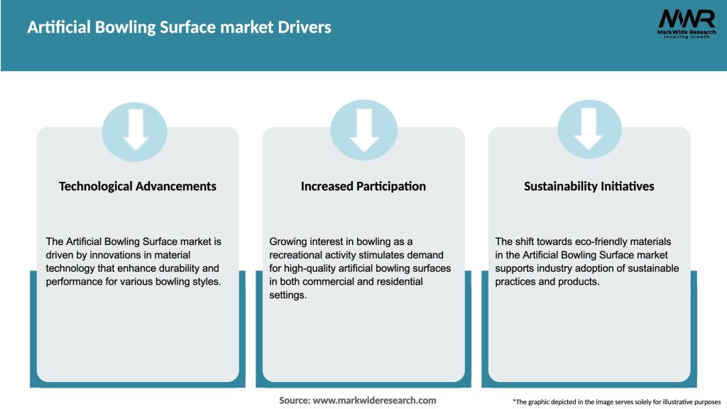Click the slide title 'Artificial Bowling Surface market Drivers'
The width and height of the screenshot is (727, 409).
tap(179, 28)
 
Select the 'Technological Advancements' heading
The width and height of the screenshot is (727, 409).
tap(138, 186)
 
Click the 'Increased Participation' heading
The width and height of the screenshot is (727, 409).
tap(363, 186)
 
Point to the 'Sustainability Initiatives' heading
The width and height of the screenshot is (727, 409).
tap(589, 186)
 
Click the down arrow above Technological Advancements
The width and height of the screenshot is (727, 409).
tap(136, 128)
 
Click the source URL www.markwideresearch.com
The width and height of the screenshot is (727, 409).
tap(374, 400)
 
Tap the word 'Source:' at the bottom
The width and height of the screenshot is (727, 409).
tap(294, 400)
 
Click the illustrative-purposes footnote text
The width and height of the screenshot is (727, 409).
tap(616, 402)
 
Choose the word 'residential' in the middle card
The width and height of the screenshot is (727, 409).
tap(396, 281)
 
